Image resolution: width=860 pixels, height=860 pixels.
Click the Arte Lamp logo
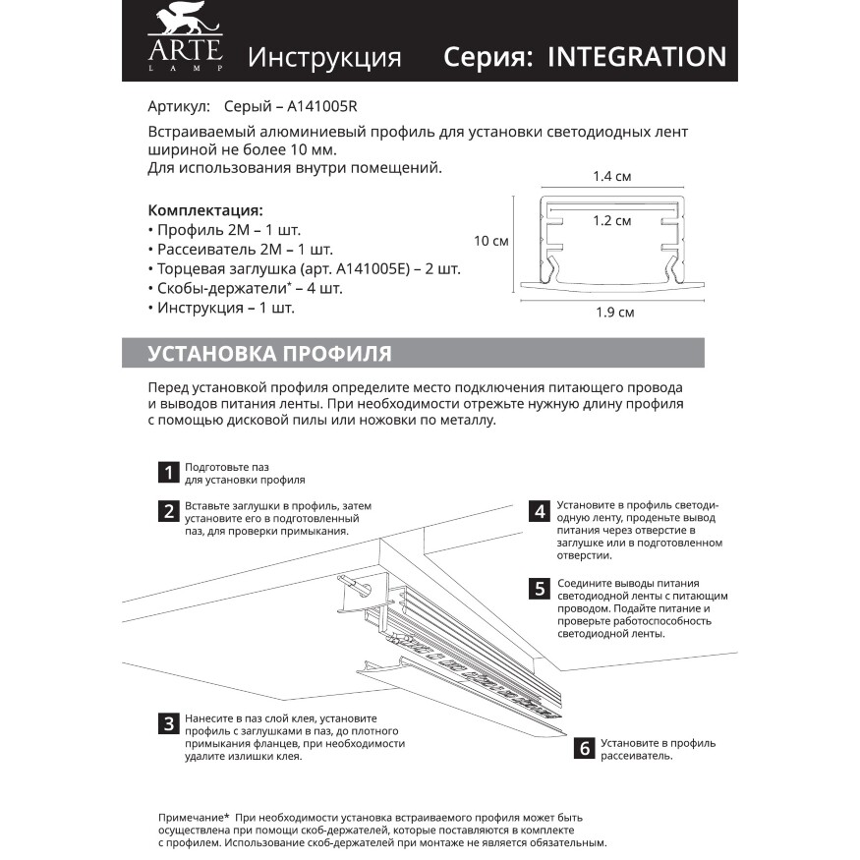[x=186, y=39]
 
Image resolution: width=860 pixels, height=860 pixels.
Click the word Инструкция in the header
[x=324, y=57]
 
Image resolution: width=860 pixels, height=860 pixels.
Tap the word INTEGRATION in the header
[x=636, y=56]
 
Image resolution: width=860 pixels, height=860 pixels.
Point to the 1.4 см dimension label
[x=611, y=177]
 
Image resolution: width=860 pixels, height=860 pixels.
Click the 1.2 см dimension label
[x=611, y=221]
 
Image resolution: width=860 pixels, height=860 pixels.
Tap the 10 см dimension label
[x=490, y=241]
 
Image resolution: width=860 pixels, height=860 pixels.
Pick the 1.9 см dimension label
[x=614, y=313]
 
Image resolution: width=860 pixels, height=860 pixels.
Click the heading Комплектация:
[x=204, y=209]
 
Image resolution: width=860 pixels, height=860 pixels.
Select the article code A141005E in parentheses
[x=369, y=268]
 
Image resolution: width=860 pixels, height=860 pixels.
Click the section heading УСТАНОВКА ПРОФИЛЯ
[x=269, y=354]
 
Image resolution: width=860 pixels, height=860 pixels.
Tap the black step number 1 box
[x=168, y=473]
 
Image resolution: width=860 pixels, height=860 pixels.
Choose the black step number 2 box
[x=168, y=511]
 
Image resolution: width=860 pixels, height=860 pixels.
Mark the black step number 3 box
[x=168, y=724]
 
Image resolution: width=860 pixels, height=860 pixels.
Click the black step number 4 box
[x=539, y=511]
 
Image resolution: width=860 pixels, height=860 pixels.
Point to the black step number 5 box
[x=539, y=589]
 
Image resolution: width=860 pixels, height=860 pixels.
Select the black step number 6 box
[x=584, y=749]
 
